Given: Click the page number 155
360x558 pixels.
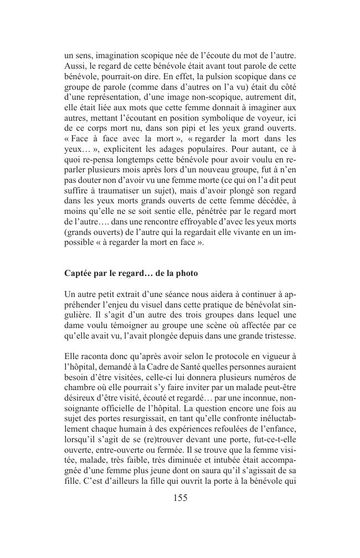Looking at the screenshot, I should [x=180, y=498].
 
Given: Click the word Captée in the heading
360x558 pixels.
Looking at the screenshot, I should [x=79, y=274].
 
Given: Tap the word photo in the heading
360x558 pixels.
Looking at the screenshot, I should [x=185, y=274].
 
